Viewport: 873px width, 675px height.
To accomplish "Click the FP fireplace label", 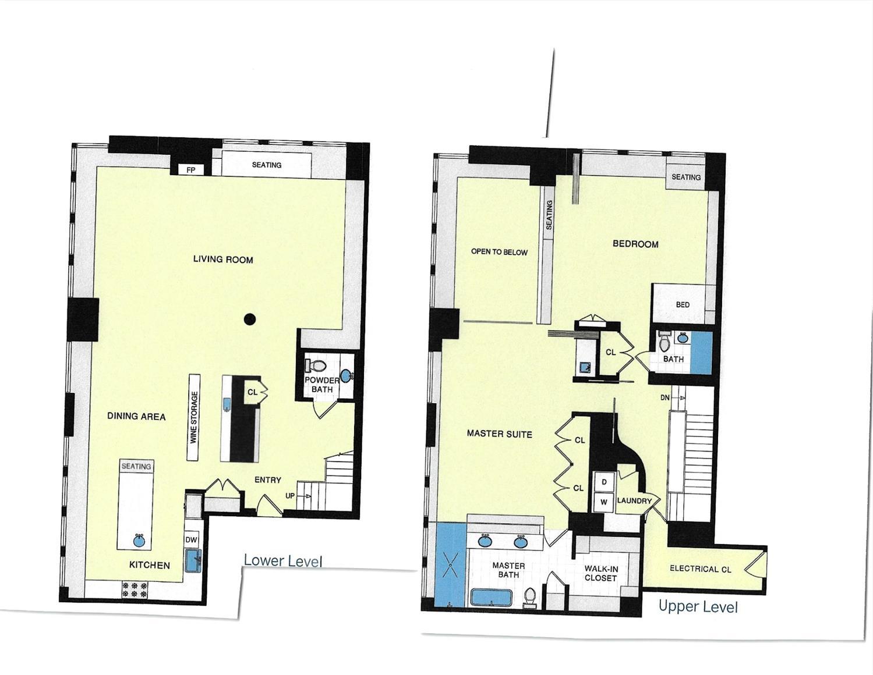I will (x=190, y=170).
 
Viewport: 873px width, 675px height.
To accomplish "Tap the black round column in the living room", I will (x=250, y=319).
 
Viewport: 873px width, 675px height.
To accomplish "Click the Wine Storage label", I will (x=195, y=417).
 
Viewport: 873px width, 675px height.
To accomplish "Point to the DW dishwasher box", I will (x=192, y=539).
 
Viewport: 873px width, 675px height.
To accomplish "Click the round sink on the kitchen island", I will (x=139, y=540).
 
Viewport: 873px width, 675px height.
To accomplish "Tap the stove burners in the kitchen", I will (x=135, y=589).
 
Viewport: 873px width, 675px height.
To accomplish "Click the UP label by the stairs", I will (x=289, y=496).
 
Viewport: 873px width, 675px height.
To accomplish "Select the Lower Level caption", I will (x=282, y=560).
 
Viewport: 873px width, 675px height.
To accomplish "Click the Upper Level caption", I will (x=698, y=606).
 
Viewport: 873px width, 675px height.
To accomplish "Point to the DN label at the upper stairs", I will (x=665, y=397).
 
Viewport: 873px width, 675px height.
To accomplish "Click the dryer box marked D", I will (x=604, y=482).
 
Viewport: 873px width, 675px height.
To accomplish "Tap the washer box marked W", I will (x=604, y=502).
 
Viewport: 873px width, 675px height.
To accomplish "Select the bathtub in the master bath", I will (x=491, y=598).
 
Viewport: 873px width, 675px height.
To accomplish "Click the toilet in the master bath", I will (x=530, y=598).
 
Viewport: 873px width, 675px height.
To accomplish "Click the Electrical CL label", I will (x=700, y=569).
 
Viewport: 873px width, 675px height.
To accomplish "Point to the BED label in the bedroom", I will (x=683, y=304).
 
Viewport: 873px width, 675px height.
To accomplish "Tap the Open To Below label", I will (x=499, y=252).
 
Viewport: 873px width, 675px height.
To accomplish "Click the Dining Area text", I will (x=136, y=416).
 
